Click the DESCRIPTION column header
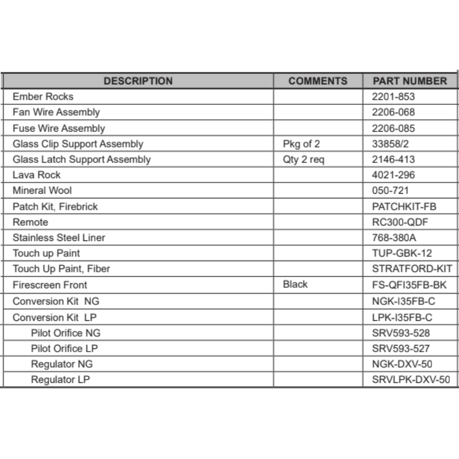138,81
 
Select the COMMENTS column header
318,81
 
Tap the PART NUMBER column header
409,81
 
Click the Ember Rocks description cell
43,97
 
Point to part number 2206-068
393,112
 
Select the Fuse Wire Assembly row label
59,129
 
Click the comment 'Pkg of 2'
302,144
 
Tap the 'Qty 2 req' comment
303,160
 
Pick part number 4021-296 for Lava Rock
393,175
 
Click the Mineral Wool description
42,190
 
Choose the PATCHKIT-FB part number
404,207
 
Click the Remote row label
30,222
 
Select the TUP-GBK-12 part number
402,253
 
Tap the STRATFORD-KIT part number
412,269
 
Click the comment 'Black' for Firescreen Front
295,285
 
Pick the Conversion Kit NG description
56,302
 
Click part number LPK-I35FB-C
402,318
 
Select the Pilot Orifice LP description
64,348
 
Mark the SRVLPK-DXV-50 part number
411,380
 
